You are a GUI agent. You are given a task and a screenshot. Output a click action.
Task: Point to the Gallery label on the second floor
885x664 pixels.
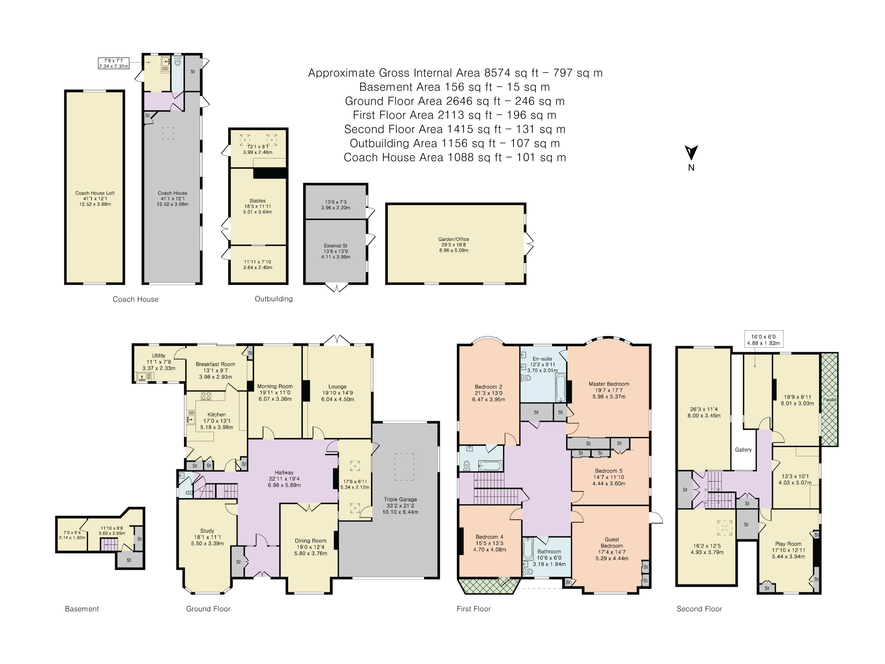click(743, 449)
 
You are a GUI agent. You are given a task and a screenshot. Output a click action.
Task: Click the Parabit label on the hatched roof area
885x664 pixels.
click(830, 399)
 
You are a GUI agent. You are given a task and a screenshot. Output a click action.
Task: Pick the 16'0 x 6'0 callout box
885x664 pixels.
click(763, 339)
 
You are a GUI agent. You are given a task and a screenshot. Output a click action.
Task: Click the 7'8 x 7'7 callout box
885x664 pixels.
click(114, 63)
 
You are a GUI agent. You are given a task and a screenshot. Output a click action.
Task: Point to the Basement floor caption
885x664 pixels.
click(82, 609)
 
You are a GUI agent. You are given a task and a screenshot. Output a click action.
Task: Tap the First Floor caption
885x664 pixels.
click(473, 609)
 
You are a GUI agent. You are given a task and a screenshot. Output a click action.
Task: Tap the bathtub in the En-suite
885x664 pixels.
click(561, 387)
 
